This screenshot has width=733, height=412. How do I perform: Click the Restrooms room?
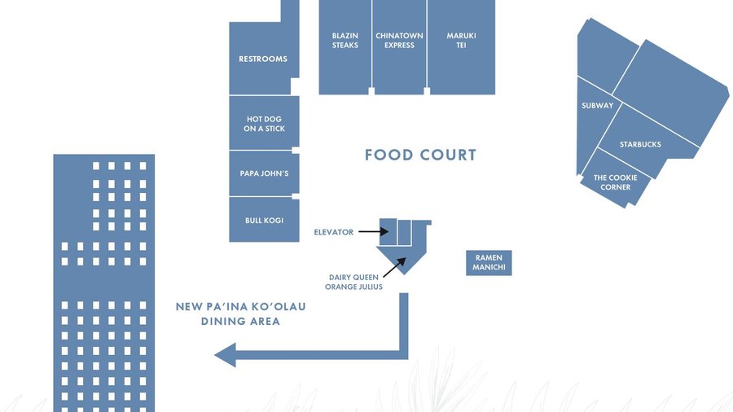click(x=263, y=59)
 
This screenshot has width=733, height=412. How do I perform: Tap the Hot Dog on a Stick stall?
click(x=264, y=124)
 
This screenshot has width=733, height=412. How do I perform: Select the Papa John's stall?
click(x=264, y=173)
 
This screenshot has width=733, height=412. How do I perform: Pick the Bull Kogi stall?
click(x=264, y=220)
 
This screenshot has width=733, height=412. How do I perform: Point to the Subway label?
click(x=597, y=106)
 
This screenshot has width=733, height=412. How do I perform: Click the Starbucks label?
click(x=640, y=144)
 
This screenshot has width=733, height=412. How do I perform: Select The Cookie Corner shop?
click(x=616, y=182)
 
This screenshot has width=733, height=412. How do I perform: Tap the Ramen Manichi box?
click(x=489, y=263)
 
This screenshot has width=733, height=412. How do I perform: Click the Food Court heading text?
click(x=420, y=155)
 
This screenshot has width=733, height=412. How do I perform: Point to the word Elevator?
click(x=334, y=232)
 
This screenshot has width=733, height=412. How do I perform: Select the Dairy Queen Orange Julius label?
click(x=353, y=282)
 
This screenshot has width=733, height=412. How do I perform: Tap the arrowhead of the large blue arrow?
click(x=225, y=354)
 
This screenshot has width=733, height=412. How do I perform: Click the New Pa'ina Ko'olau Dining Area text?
click(x=241, y=314)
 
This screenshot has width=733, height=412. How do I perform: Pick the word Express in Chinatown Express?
click(x=399, y=46)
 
